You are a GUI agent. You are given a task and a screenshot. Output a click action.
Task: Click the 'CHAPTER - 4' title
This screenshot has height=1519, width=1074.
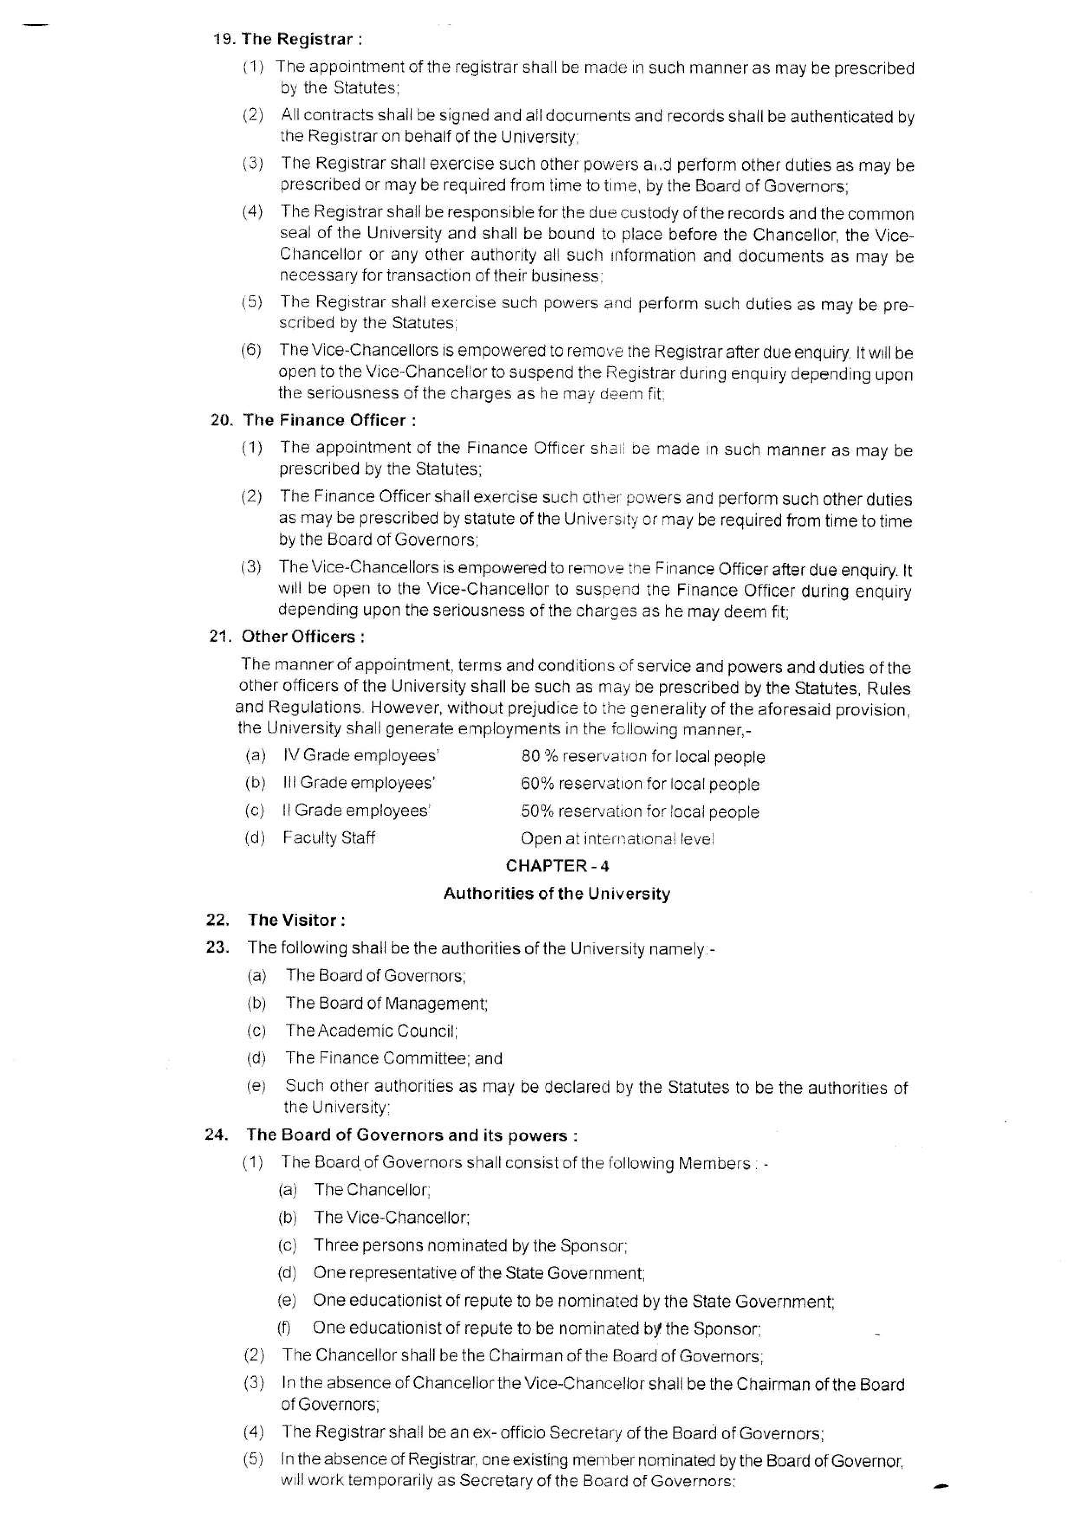point(557,866)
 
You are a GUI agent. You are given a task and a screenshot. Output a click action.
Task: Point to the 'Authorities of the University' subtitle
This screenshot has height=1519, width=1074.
point(557,893)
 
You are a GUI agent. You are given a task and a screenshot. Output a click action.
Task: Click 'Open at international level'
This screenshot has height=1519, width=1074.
point(617,839)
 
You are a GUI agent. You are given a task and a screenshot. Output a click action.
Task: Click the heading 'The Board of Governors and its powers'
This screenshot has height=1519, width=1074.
point(412,1135)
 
